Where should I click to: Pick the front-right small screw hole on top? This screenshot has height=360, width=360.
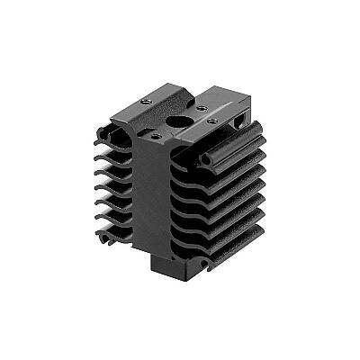coord(212,120)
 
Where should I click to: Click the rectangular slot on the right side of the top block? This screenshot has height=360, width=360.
coord(239,117)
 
